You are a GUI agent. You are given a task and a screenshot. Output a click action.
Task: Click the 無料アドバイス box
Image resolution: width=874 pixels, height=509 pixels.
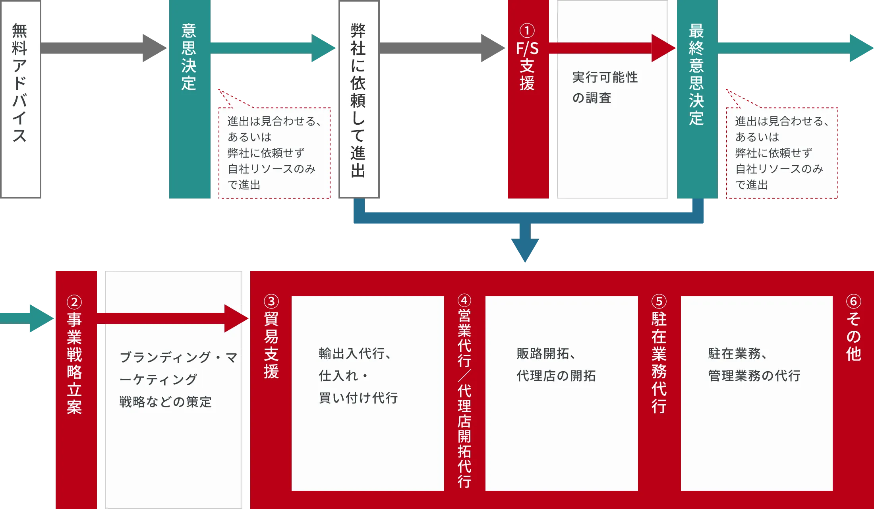pos(21,99)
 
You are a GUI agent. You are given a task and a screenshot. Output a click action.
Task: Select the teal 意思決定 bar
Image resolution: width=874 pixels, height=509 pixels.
pos(189,99)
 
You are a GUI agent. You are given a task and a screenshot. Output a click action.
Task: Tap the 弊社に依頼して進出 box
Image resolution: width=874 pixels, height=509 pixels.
pos(359,99)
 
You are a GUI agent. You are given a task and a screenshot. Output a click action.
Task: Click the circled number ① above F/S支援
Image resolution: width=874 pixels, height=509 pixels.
pos(527,31)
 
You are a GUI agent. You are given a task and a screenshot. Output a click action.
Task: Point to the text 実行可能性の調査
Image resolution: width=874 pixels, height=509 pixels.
pos(605,87)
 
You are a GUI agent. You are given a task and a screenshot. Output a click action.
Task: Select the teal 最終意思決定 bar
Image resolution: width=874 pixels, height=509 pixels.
pos(697,99)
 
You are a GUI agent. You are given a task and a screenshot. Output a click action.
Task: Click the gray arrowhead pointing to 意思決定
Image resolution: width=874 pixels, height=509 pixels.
pos(155,48)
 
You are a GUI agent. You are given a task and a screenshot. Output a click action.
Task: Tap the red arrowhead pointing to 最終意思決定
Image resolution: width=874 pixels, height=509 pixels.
pos(663,48)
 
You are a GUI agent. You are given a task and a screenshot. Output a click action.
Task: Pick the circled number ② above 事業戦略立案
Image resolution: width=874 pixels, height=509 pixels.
pos(74,302)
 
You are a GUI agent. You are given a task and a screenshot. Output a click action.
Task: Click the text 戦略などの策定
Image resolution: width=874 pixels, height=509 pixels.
pos(166,402)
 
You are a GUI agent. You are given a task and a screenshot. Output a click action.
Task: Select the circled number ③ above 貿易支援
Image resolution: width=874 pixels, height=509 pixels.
pos(271,301)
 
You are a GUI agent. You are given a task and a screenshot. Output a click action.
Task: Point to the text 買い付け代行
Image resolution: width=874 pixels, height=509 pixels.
pos(358,397)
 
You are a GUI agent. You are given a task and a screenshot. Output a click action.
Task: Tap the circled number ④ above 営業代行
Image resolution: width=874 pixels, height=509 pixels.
pos(464,300)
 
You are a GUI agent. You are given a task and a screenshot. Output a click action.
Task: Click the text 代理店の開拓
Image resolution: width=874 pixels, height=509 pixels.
pos(556,375)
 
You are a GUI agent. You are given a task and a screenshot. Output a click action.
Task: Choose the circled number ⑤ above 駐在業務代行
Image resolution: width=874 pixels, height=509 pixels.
pos(659,301)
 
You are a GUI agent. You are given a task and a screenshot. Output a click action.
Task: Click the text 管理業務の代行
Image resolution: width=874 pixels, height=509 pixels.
pos(754,375)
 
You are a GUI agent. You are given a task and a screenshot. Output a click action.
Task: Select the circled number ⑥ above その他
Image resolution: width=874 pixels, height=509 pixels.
pos(854,301)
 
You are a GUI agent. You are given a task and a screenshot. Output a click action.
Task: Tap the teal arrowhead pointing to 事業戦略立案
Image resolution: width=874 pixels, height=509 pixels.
pos(42,318)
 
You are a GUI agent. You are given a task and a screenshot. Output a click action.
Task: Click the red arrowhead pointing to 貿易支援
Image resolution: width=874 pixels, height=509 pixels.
pos(236,318)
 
